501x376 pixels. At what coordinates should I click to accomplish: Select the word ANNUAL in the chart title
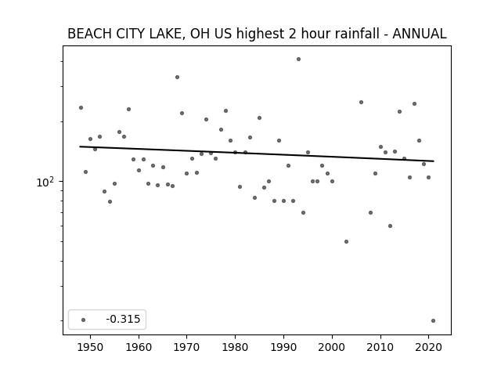[420, 34]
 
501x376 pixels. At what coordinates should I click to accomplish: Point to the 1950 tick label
[91, 347]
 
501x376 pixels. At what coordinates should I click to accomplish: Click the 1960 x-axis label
[139, 347]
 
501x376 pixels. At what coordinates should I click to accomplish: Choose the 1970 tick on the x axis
[187, 347]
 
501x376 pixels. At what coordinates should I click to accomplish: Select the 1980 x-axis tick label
[236, 347]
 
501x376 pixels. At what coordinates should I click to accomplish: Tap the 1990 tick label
[283, 347]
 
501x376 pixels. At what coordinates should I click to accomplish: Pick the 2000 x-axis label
[332, 347]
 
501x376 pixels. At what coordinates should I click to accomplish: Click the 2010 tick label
[380, 347]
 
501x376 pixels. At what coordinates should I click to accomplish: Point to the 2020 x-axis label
[429, 347]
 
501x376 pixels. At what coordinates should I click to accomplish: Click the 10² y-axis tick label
[45, 182]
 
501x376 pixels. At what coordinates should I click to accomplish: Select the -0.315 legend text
[124, 319]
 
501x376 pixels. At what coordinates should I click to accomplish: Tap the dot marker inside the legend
[84, 320]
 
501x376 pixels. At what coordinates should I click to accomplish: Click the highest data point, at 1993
[298, 60]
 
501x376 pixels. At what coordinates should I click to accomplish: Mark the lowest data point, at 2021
[433, 320]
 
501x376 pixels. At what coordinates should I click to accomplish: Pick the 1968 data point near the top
[178, 77]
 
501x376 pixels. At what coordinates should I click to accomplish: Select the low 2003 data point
[346, 242]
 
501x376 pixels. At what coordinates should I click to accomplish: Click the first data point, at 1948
[81, 108]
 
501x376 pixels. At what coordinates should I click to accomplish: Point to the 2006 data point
[361, 103]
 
